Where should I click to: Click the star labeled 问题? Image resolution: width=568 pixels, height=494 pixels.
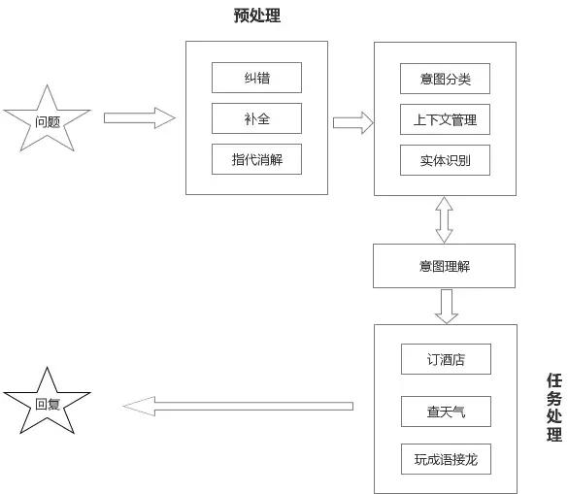pyautogui.click(x=48, y=121)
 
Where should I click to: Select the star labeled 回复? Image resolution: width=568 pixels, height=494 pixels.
pyautogui.click(x=48, y=403)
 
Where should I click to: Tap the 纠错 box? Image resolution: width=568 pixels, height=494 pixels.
pyautogui.click(x=256, y=78)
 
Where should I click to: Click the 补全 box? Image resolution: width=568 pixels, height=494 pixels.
pyautogui.click(x=256, y=118)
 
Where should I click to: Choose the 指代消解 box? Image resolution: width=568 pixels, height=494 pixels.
pyautogui.click(x=256, y=159)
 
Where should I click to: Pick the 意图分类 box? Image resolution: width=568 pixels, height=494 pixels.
pyautogui.click(x=445, y=79)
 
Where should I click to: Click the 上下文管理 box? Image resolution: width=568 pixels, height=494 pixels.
pyautogui.click(x=445, y=119)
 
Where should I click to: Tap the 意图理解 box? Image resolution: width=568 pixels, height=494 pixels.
pyautogui.click(x=445, y=266)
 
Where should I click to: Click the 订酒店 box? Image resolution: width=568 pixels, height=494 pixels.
pyautogui.click(x=446, y=359)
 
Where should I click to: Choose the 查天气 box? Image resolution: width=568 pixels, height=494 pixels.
pyautogui.click(x=446, y=412)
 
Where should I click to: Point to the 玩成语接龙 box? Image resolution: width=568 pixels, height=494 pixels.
pyautogui.click(x=446, y=459)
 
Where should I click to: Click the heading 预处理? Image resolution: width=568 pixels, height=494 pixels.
pyautogui.click(x=257, y=16)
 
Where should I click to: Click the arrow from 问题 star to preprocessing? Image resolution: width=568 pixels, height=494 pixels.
pyautogui.click(x=139, y=118)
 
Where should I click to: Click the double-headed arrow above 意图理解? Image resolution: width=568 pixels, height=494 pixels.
pyautogui.click(x=445, y=219)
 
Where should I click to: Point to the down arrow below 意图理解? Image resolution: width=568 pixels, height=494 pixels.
pyautogui.click(x=445, y=306)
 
